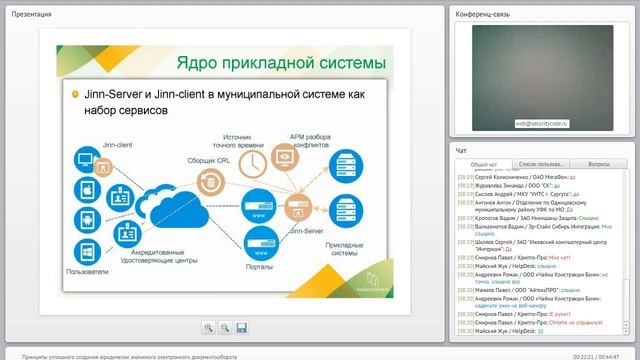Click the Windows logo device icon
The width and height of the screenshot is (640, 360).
pos(85,249)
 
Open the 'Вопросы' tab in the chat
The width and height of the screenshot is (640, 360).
pos(598,163)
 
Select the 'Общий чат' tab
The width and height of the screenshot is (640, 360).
pos(484,163)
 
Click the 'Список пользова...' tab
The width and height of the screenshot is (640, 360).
pos(541,163)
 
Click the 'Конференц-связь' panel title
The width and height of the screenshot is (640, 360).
pos(485,13)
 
